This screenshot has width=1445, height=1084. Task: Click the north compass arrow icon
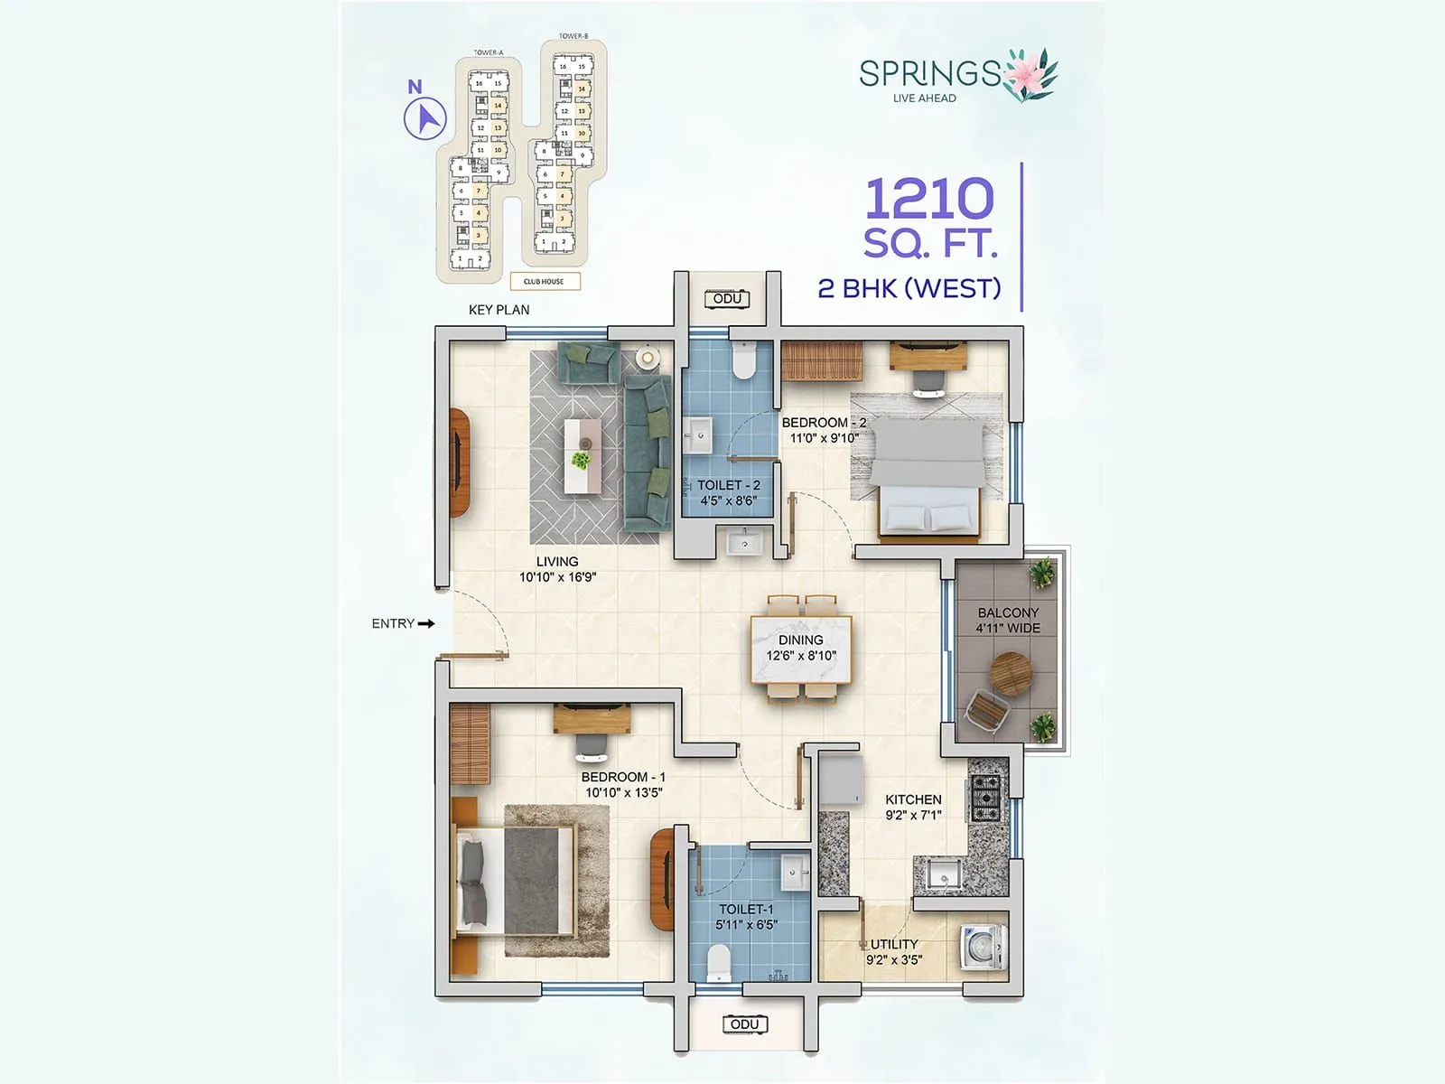tap(424, 118)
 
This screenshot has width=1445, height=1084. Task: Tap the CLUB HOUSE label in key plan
tap(544, 281)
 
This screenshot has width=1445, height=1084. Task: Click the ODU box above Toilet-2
tap(727, 299)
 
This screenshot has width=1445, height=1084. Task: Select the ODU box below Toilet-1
tap(744, 1023)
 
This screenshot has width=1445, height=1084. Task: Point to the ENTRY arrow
tap(426, 623)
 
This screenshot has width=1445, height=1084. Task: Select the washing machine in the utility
tap(985, 946)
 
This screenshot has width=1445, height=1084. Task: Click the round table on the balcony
tap(1009, 673)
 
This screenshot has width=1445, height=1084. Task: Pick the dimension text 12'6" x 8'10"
tap(801, 656)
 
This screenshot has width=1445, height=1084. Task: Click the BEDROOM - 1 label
tap(623, 777)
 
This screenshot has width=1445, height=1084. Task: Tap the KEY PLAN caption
tap(499, 310)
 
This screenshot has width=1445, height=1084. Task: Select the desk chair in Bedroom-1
tap(592, 747)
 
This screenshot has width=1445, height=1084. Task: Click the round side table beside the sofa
tap(647, 358)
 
